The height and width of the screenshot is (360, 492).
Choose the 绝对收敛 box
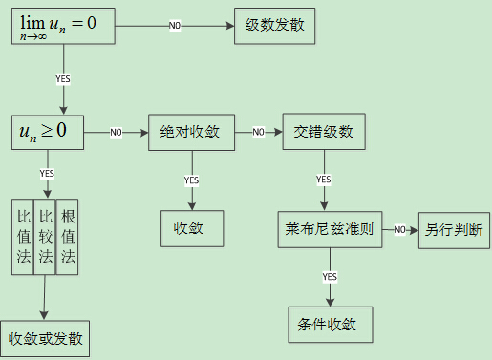[x=191, y=132]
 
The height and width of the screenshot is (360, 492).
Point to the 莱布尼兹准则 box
[x=329, y=230]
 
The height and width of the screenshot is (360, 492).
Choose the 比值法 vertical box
[x=23, y=237]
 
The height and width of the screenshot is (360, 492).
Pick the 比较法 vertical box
[x=45, y=237]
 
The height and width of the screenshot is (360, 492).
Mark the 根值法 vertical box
[x=67, y=237]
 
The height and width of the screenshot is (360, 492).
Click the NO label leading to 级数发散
[x=176, y=25]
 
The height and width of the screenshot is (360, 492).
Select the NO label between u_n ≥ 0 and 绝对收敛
[x=116, y=132]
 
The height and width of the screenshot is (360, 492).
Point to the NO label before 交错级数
[x=258, y=132]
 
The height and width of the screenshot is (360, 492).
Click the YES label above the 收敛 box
[x=191, y=180]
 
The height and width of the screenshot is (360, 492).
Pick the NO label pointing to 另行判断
[x=401, y=230]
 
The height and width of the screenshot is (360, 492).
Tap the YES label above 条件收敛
[x=329, y=276]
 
